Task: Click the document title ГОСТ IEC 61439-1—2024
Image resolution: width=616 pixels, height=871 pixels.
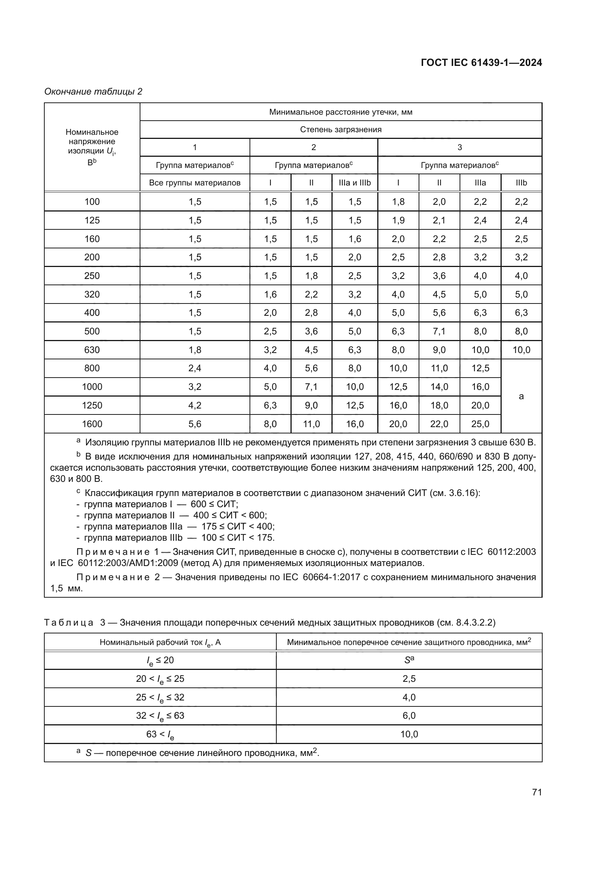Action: (x=481, y=63)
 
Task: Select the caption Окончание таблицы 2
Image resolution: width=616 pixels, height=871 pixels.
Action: (x=93, y=92)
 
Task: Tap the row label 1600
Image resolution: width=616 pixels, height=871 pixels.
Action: (x=92, y=424)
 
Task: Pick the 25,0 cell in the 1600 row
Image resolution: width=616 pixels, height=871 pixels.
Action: (x=480, y=424)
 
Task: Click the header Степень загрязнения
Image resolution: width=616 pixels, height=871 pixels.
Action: (x=341, y=129)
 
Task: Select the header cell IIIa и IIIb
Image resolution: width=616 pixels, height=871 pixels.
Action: (x=355, y=183)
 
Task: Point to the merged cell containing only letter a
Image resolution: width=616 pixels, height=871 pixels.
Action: (x=521, y=396)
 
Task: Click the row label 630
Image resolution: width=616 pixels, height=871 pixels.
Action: (x=92, y=350)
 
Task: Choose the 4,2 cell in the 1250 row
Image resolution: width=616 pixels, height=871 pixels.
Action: (x=194, y=405)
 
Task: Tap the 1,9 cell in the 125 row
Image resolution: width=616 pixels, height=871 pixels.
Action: (x=398, y=220)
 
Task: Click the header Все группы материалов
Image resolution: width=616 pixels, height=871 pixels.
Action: (x=194, y=183)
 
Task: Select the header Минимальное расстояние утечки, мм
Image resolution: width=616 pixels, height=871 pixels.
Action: (x=341, y=112)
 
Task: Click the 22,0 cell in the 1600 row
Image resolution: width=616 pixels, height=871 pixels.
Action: (x=439, y=424)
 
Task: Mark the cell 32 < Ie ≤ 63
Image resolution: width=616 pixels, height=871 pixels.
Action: (x=160, y=716)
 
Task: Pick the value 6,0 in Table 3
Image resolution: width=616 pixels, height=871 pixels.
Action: (x=409, y=715)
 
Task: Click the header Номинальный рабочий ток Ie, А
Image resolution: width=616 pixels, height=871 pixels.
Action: (x=160, y=642)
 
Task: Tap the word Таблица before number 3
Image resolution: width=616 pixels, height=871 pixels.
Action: (x=69, y=623)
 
